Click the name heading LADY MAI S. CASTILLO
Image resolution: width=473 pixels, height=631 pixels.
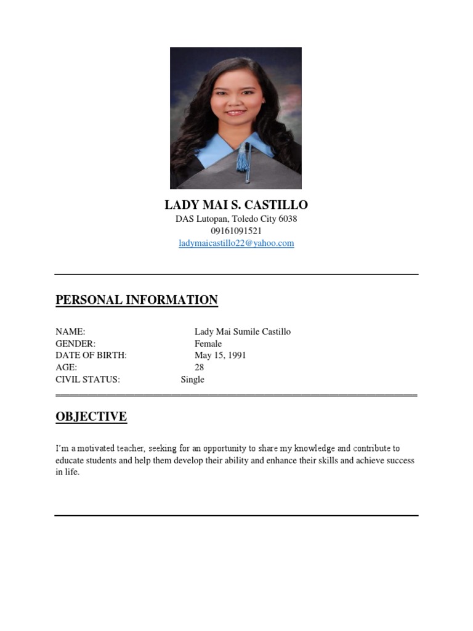[x=236, y=205]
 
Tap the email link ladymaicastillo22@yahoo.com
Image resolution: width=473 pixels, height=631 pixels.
[x=236, y=243]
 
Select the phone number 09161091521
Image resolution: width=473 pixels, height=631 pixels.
[x=236, y=231]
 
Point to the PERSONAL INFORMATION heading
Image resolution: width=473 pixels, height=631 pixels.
[x=136, y=300]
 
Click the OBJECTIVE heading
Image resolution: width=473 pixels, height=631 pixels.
[x=91, y=417]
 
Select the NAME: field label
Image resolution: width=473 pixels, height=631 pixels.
[x=70, y=332]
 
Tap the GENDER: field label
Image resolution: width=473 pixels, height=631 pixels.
[x=76, y=344]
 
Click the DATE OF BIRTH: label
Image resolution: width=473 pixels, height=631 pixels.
[x=91, y=356]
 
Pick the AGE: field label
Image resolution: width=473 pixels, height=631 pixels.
[x=66, y=367]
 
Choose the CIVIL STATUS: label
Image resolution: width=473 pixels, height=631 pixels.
[x=87, y=380]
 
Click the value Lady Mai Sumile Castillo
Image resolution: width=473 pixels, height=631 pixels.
[x=243, y=332]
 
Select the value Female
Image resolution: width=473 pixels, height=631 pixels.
[x=208, y=344]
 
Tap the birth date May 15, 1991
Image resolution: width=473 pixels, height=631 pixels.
[x=220, y=356]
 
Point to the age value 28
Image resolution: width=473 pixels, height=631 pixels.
[x=199, y=367]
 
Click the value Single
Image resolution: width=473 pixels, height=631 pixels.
[x=192, y=380]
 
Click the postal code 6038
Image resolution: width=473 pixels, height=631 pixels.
[x=288, y=219]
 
